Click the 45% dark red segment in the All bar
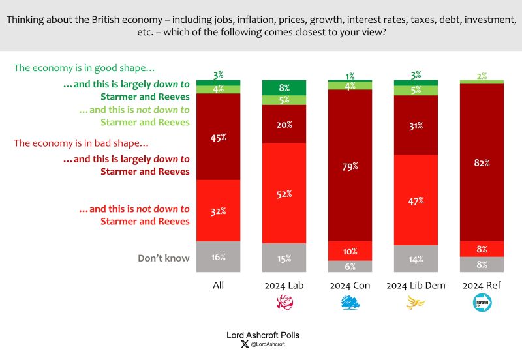click(x=218, y=137)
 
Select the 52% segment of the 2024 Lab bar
click(x=284, y=194)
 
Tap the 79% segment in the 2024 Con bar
click(x=350, y=166)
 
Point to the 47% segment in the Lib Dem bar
click(x=416, y=200)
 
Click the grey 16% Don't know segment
click(x=218, y=257)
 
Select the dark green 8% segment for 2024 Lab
click(x=284, y=87)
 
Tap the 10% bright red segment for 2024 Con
click(x=350, y=251)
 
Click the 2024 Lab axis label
click(x=284, y=286)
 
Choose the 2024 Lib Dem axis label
click(x=416, y=286)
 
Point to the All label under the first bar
click(x=218, y=286)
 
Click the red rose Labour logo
click(x=284, y=303)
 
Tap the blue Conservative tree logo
click(x=350, y=303)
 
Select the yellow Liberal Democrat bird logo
click(x=416, y=303)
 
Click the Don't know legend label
click(x=163, y=258)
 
